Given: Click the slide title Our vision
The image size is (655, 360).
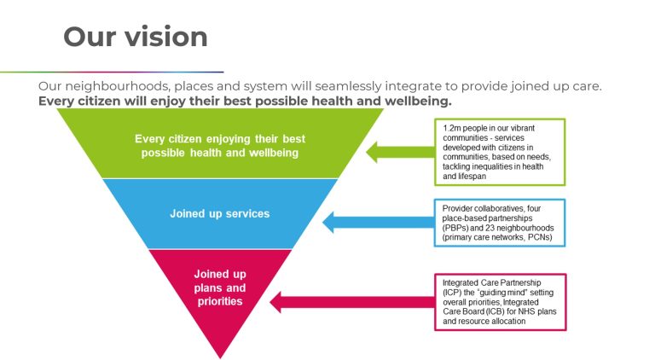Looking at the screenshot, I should point(136,37).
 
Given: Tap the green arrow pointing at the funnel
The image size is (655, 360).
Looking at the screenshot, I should point(397,152).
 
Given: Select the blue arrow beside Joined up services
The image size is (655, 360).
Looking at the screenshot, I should point(375,224).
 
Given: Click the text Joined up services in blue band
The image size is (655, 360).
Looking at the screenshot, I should point(219,213).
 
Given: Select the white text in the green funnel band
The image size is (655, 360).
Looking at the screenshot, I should point(219,145).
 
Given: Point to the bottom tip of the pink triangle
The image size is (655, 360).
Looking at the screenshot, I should point(220,357).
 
